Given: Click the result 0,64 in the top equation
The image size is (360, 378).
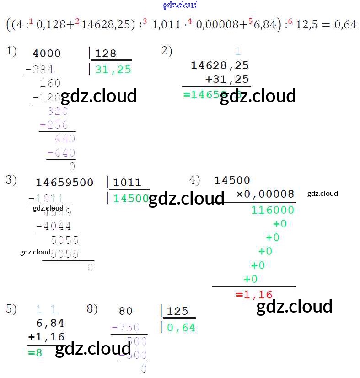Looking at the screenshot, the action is pyautogui.click(x=345, y=24).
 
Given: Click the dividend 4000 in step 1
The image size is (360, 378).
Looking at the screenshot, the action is pyautogui.click(x=47, y=54).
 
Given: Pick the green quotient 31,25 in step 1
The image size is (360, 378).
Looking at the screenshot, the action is pyautogui.click(x=113, y=70).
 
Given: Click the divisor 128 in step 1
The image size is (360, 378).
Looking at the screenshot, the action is pyautogui.click(x=106, y=54).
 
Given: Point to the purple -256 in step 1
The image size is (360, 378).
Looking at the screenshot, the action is pyautogui.click(x=54, y=125).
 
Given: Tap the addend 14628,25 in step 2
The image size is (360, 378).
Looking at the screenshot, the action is pyautogui.click(x=220, y=65).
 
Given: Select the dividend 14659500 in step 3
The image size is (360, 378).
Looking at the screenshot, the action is pyautogui.click(x=64, y=183).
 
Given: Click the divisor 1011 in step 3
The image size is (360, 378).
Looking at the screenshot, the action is pyautogui.click(x=127, y=183).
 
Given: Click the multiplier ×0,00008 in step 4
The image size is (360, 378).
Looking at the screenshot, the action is pyautogui.click(x=265, y=194).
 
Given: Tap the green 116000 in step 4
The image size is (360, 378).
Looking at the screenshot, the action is pyautogui.click(x=273, y=210).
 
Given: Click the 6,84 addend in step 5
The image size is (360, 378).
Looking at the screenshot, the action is pyautogui.click(x=50, y=324).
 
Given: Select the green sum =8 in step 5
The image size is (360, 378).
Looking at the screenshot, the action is pyautogui.click(x=35, y=352).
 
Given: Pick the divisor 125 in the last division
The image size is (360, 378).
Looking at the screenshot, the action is pyautogui.click(x=177, y=312).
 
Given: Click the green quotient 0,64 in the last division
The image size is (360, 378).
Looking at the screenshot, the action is pyautogui.click(x=181, y=328).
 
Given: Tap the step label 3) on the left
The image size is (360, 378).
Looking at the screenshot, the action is pyautogui.click(x=11, y=180).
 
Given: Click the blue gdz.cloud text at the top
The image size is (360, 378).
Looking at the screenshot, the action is pyautogui.click(x=180, y=5).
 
